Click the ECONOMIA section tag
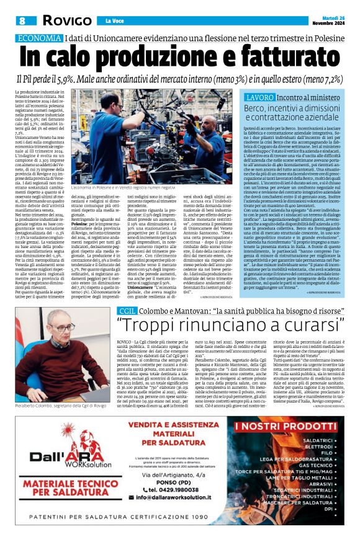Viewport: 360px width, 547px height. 39,38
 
